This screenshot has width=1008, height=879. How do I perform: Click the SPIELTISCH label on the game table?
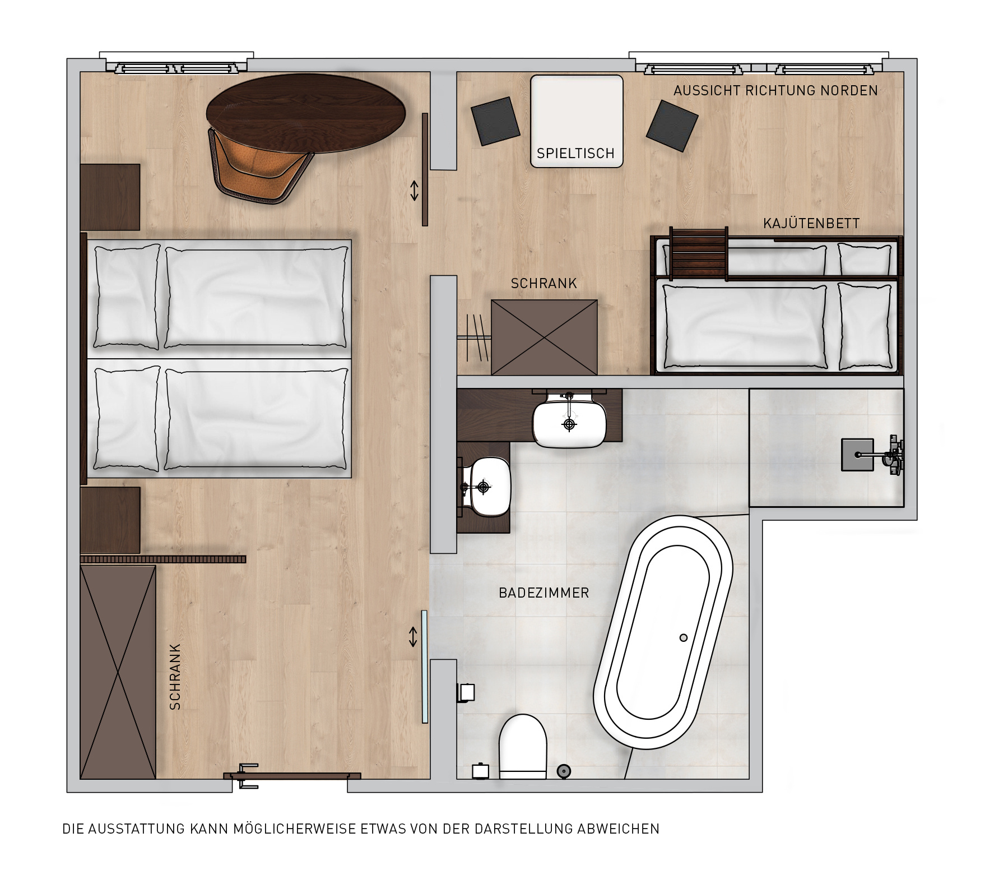click(575, 153)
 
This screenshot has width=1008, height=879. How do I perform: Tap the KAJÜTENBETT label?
click(811, 224)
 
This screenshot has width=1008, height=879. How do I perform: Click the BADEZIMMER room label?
click(544, 593)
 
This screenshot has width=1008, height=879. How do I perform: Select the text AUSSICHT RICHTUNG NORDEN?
click(775, 90)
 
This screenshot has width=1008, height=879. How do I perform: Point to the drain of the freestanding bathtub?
click(683, 637)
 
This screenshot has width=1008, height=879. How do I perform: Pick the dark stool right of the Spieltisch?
click(672, 126)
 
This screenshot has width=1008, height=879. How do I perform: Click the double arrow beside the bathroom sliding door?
click(413, 637)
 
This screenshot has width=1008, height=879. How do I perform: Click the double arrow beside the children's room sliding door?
click(414, 191)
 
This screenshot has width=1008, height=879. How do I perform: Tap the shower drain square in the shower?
click(857, 454)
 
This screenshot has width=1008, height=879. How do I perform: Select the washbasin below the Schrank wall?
click(569, 420)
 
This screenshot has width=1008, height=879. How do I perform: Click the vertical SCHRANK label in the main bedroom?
click(175, 676)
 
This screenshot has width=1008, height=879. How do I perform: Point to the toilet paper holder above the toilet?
click(466, 693)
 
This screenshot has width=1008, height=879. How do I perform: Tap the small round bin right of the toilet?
click(564, 771)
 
